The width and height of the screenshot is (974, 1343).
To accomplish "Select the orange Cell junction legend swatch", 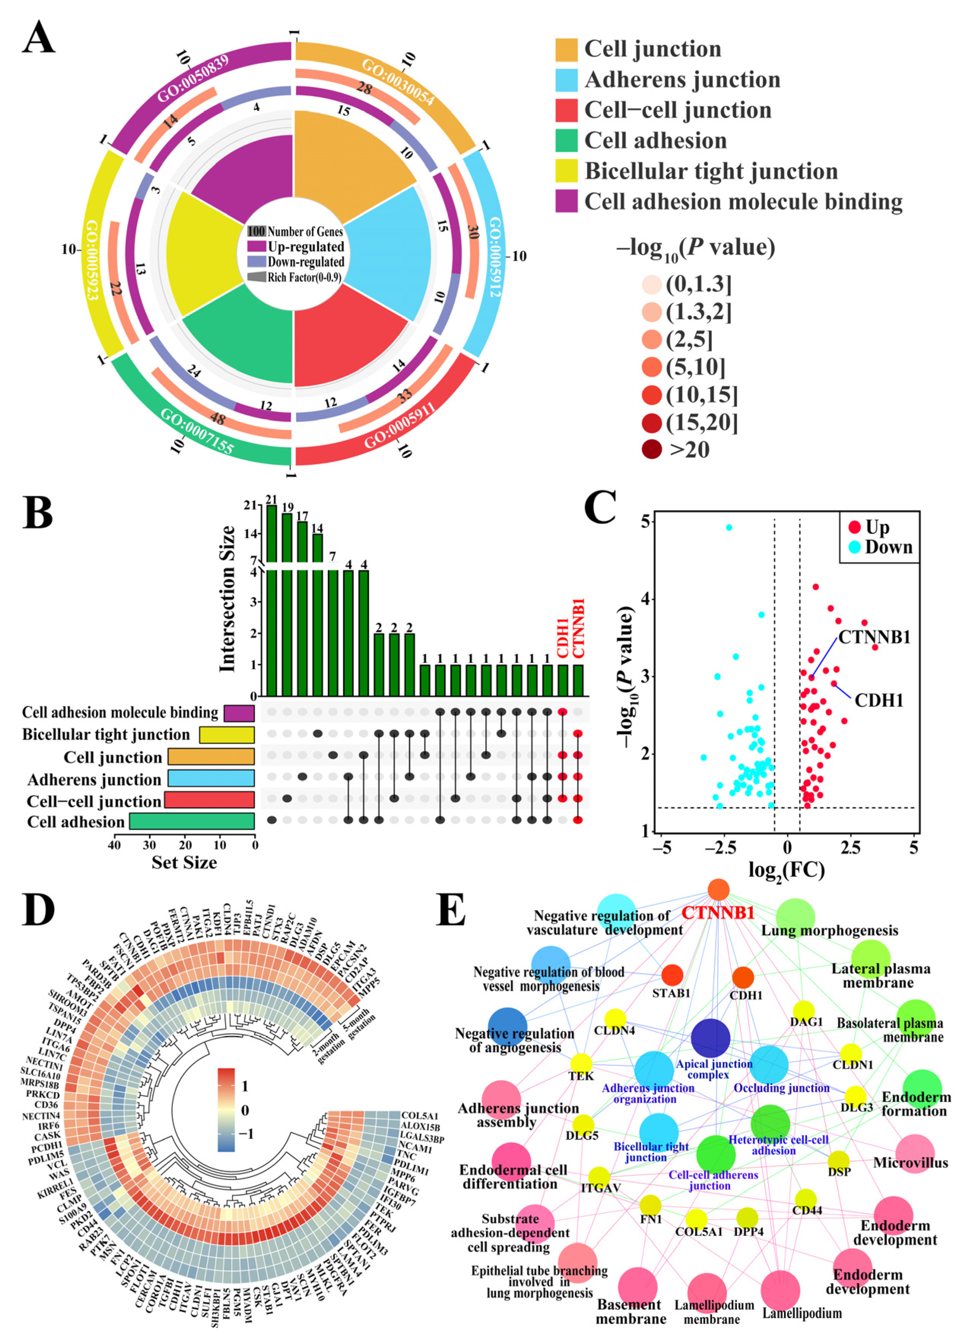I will click(x=566, y=50).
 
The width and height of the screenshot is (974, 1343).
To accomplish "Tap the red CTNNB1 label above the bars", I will click(x=579, y=628).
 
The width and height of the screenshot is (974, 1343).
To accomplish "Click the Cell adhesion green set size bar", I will click(x=192, y=821).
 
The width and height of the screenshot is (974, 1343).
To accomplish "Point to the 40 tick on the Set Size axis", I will click(x=114, y=845).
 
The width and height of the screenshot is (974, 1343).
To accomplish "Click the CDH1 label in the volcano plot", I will click(x=879, y=701).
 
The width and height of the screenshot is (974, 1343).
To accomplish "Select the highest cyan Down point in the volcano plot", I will click(x=729, y=527).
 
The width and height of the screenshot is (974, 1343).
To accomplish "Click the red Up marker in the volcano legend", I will click(x=854, y=527).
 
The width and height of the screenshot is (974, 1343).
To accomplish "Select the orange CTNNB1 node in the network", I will click(x=718, y=889).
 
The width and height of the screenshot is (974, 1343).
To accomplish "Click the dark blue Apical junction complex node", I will click(x=710, y=1038).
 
